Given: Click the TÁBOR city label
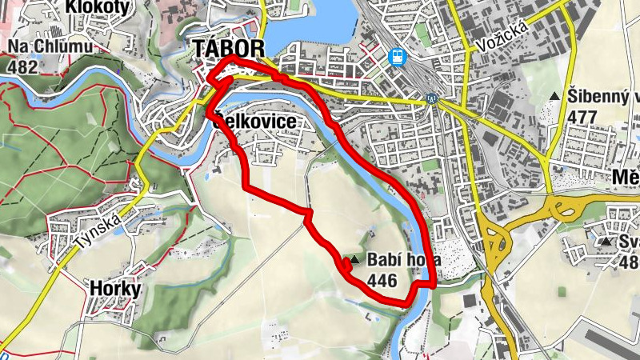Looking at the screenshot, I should click(x=228, y=49).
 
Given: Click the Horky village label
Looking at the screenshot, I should click(x=115, y=288).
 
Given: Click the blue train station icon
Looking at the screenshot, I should click(x=396, y=57).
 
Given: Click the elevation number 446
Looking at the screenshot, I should click(x=383, y=279).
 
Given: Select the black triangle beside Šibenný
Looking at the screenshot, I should click(x=555, y=97).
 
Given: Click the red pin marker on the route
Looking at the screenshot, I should click(x=346, y=262).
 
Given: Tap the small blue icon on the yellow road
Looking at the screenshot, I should click(x=431, y=100).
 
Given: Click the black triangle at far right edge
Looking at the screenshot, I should click(x=607, y=241).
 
